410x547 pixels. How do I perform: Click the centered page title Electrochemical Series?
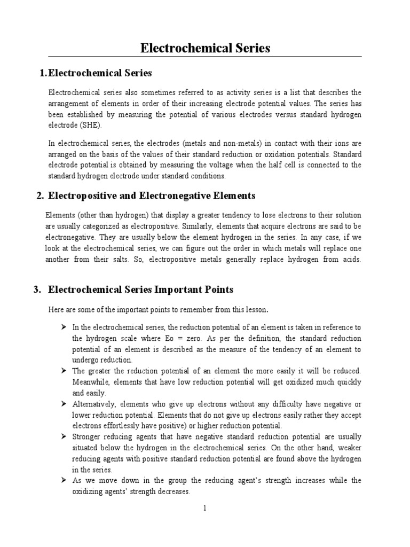[x=205, y=48]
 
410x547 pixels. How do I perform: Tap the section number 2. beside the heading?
[x=40, y=196]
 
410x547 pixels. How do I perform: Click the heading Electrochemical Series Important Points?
[x=141, y=290]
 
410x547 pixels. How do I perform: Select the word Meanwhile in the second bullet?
[x=92, y=382]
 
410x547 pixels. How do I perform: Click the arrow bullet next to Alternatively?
[x=63, y=403]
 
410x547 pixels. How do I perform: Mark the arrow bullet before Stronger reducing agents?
[x=63, y=436]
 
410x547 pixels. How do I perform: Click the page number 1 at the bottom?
[x=205, y=508]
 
